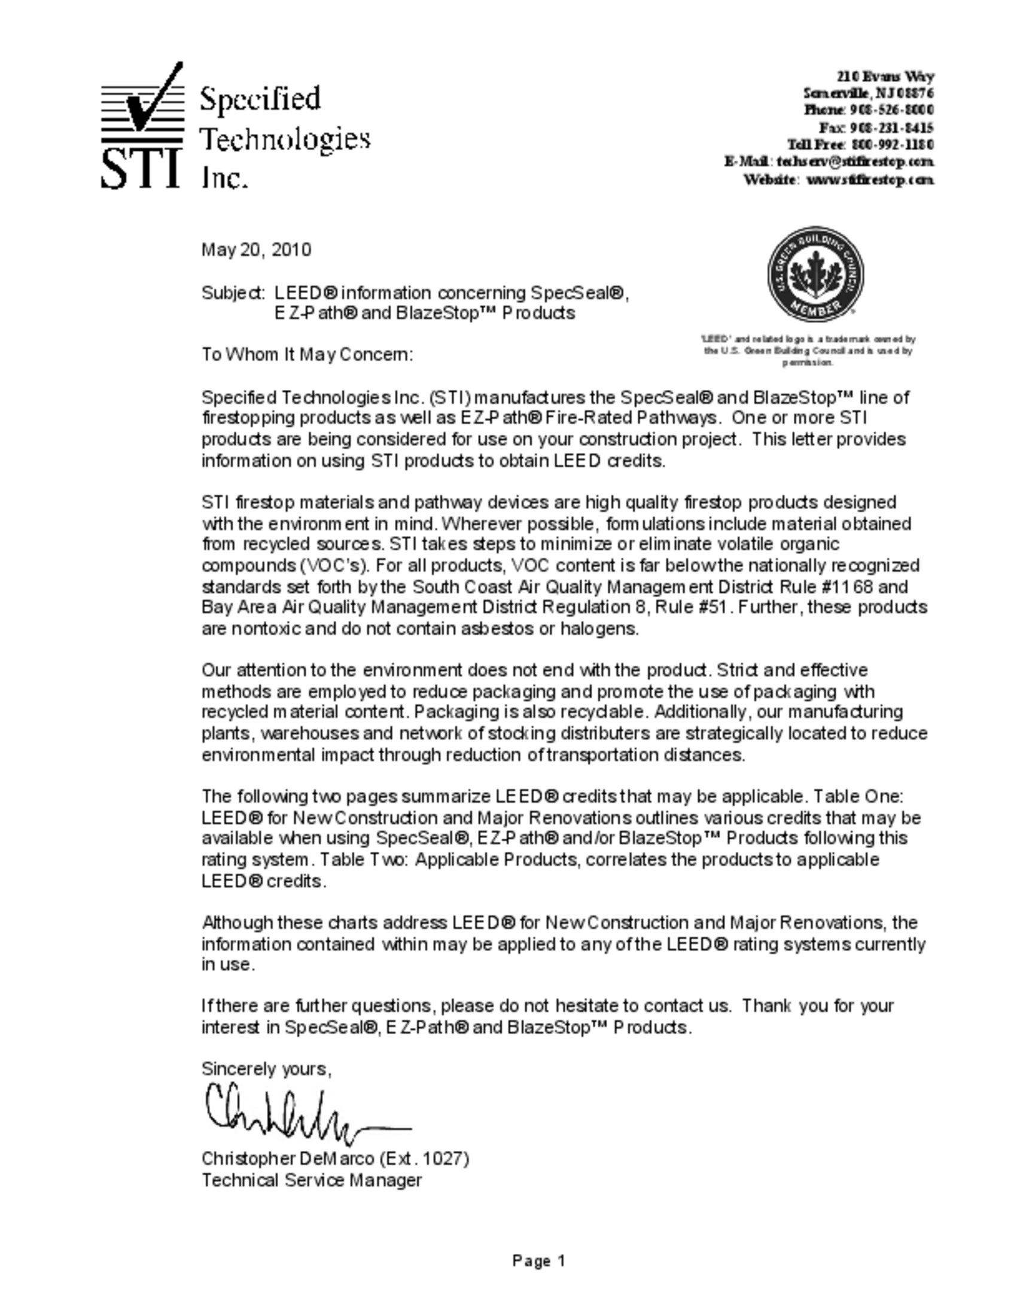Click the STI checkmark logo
pos(142,126)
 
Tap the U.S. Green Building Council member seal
pos(815,274)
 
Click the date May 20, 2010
pos(256,249)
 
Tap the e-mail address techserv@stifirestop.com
pos(855,162)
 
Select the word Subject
pos(232,294)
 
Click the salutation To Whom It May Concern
pos(307,354)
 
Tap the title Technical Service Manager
pos(312,1180)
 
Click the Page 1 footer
pos(538,1260)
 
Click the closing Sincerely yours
pos(266,1069)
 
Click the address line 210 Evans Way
pos(885,77)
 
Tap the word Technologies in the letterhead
pos(284,139)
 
